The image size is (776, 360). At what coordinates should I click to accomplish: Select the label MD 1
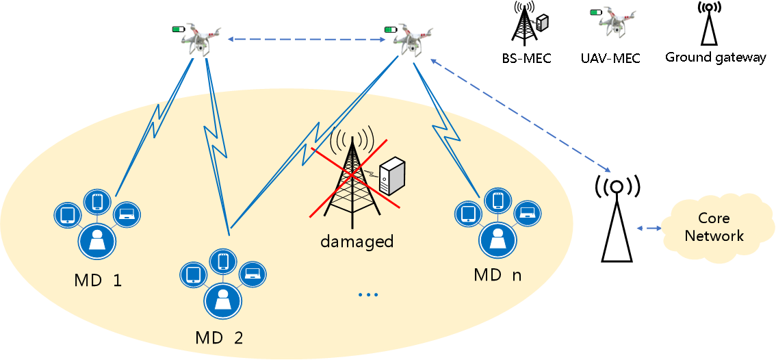[x=97, y=281]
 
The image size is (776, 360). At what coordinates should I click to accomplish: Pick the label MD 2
[x=219, y=337]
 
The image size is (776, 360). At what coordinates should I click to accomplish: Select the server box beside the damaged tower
[x=392, y=175]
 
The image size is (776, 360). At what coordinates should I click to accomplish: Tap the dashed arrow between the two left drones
[x=307, y=40]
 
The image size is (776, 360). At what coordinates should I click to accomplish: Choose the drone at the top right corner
[x=616, y=21]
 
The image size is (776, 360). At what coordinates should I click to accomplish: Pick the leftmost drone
[x=199, y=39]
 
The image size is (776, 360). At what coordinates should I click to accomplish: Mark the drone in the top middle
[x=412, y=39]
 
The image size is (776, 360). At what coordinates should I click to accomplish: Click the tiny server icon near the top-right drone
[x=541, y=23]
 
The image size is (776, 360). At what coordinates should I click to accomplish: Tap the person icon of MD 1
[x=97, y=240]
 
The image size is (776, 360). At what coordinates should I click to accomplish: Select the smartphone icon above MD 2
[x=222, y=261]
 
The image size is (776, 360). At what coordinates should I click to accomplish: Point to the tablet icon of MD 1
[x=67, y=215]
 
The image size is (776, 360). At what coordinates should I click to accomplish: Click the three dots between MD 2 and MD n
[x=368, y=295]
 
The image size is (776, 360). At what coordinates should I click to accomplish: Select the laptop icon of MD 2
[x=253, y=274]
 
